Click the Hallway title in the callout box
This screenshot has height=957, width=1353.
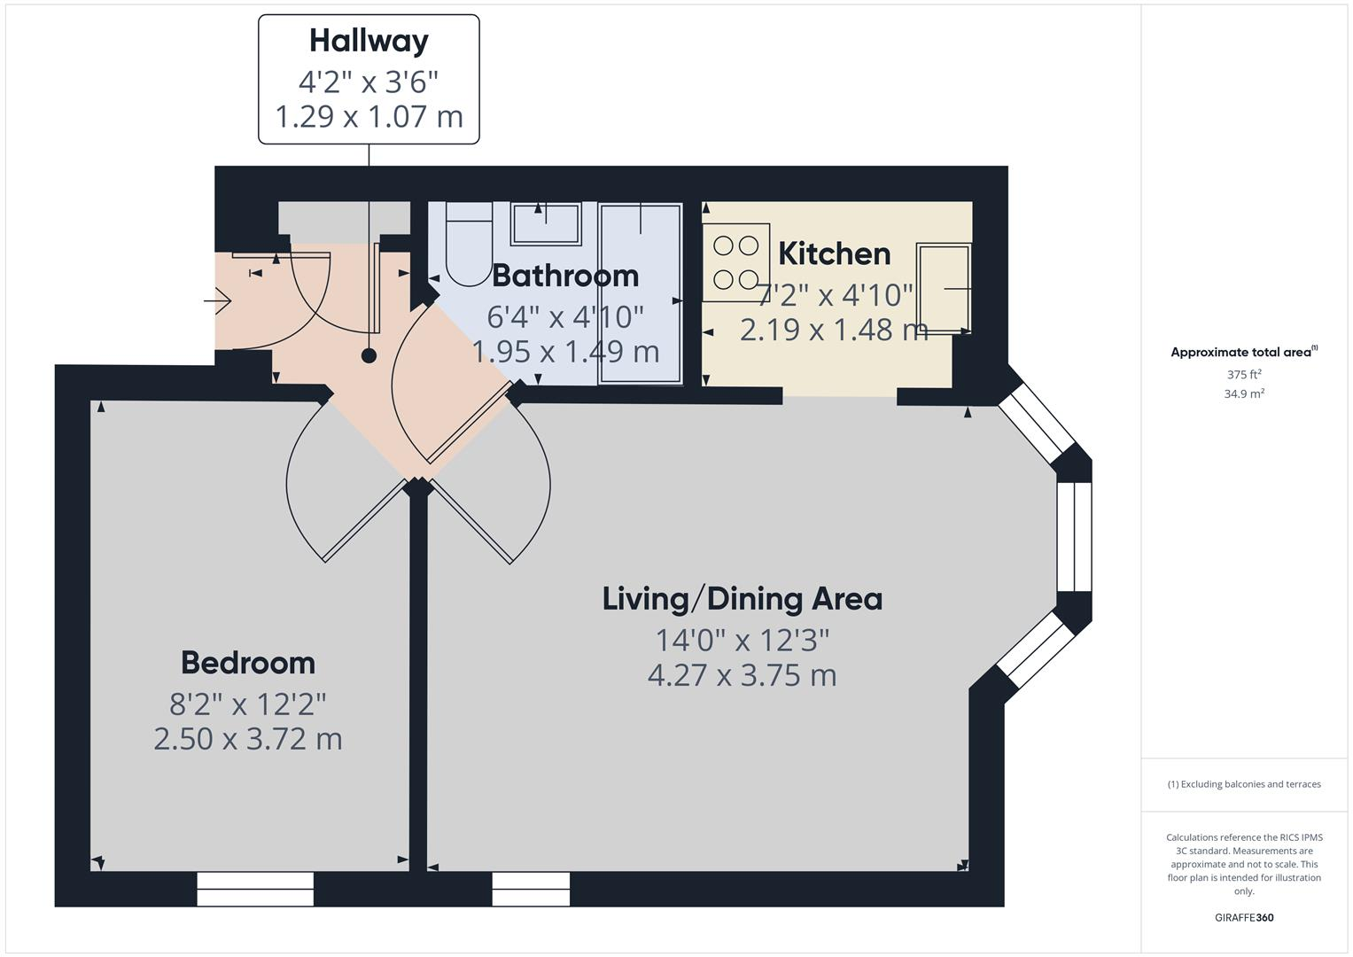369,41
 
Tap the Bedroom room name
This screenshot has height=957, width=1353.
248,663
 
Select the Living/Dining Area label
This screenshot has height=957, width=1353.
742,599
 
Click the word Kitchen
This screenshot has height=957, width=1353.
834,254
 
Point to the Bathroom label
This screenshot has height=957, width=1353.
564,276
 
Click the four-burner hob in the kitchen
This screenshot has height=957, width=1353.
735,262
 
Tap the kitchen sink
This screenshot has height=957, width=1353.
944,288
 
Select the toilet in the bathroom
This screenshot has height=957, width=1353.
468,245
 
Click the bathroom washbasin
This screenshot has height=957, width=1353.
545,223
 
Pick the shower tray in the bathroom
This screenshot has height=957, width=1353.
641,293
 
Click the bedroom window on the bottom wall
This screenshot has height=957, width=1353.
255,889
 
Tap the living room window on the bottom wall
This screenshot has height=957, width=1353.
531,889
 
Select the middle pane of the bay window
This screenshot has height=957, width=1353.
1074,536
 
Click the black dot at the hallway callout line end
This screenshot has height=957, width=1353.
369,356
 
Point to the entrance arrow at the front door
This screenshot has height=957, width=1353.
218,302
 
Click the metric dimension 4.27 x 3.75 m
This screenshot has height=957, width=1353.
742,675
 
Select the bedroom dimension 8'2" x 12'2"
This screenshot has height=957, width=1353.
248,704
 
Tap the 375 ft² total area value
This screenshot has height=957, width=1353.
1244,375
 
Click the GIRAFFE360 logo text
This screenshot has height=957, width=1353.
1244,917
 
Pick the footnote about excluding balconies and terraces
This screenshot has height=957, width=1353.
1244,784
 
